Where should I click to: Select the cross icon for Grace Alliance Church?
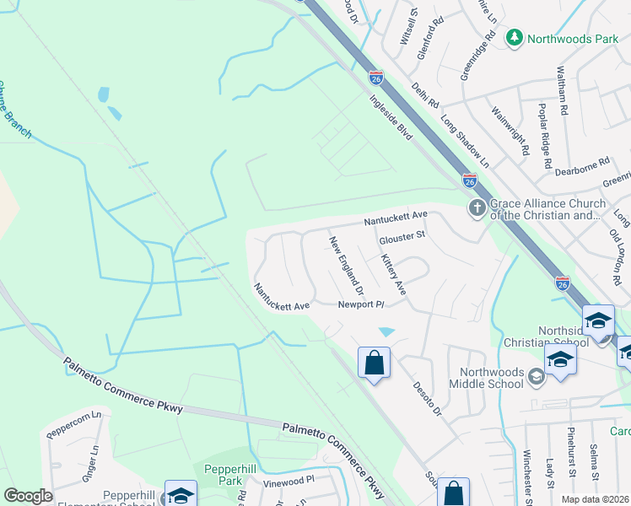(x=477, y=208)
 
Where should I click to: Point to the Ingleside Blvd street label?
(x=389, y=115)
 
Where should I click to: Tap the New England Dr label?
(x=346, y=265)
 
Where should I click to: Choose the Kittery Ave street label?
(x=393, y=275)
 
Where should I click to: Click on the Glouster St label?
(x=402, y=238)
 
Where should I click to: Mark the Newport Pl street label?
(x=361, y=304)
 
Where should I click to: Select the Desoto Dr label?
(x=427, y=397)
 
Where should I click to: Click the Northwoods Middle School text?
(x=493, y=380)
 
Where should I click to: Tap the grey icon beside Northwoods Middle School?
(x=537, y=374)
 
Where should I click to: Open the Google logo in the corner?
(x=28, y=496)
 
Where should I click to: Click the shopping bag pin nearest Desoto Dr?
(x=374, y=363)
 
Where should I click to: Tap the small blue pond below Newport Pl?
(x=386, y=331)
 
